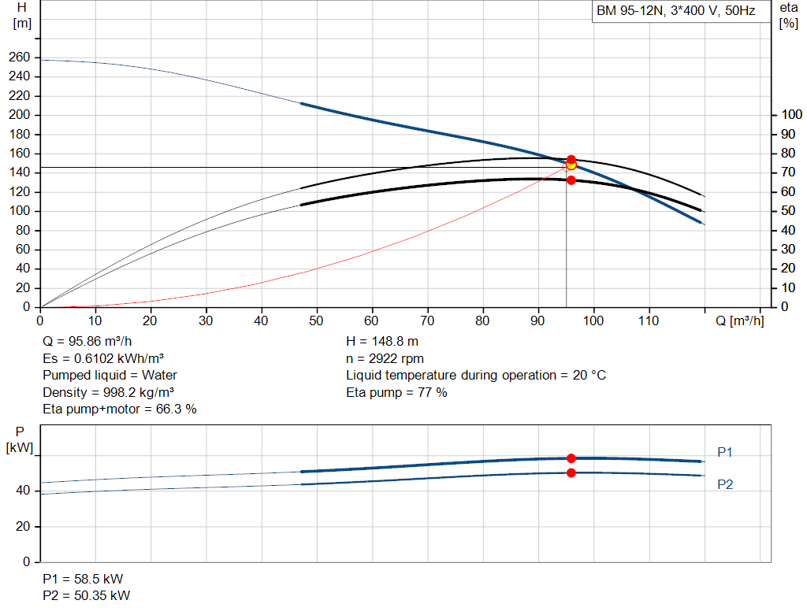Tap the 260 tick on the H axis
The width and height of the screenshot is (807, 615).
[19, 57]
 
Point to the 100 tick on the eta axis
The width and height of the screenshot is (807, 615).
[791, 115]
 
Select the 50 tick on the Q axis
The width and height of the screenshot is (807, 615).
[316, 320]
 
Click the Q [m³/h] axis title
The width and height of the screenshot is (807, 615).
[739, 320]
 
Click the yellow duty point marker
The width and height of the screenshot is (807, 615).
[571, 165]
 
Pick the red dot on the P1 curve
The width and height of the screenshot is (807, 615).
[571, 458]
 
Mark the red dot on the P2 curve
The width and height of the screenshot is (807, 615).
[571, 472]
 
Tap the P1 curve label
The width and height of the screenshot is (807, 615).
[725, 452]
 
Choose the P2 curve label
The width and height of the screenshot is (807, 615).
[725, 484]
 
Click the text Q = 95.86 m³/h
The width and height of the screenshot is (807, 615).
[87, 342]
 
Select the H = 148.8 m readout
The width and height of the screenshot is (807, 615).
[382, 342]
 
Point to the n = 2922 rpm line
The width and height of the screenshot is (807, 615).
[385, 358]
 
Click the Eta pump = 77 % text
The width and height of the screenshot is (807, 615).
[396, 392]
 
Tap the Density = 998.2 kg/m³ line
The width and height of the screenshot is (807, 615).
[108, 392]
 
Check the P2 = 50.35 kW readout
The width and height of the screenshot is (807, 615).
[87, 595]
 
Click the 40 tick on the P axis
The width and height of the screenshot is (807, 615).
[23, 491]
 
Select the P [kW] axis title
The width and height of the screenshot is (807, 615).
[20, 439]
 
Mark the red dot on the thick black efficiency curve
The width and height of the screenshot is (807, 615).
[571, 180]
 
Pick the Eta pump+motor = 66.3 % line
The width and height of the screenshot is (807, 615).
[120, 409]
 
